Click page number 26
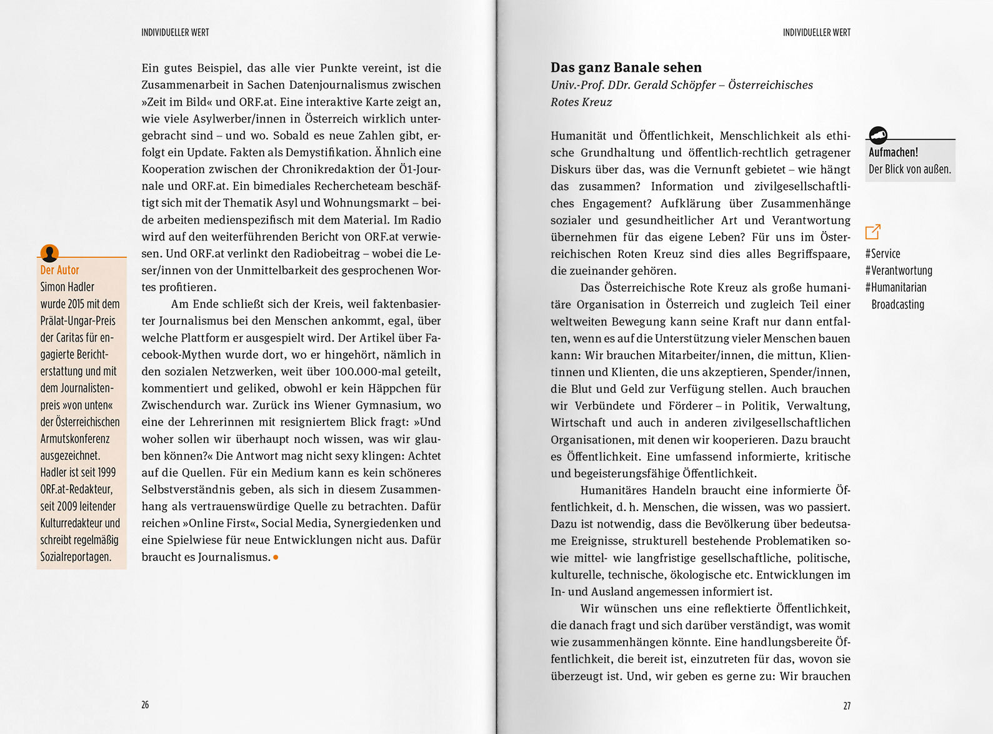(145, 705)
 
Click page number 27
(847, 706)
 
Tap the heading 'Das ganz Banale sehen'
(626, 67)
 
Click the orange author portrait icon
(49, 253)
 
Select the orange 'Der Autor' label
(59, 270)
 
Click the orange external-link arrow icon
(873, 231)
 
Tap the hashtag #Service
(882, 254)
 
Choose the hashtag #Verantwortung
(899, 270)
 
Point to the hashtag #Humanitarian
(896, 287)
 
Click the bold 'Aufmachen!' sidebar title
(893, 152)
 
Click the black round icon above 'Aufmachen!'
(878, 134)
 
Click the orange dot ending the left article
(276, 557)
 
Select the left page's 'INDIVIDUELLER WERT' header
(175, 32)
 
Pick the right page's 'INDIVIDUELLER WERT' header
(816, 32)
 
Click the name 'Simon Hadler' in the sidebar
(67, 287)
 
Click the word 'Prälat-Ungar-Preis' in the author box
(77, 320)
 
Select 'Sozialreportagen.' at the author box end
(76, 557)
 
